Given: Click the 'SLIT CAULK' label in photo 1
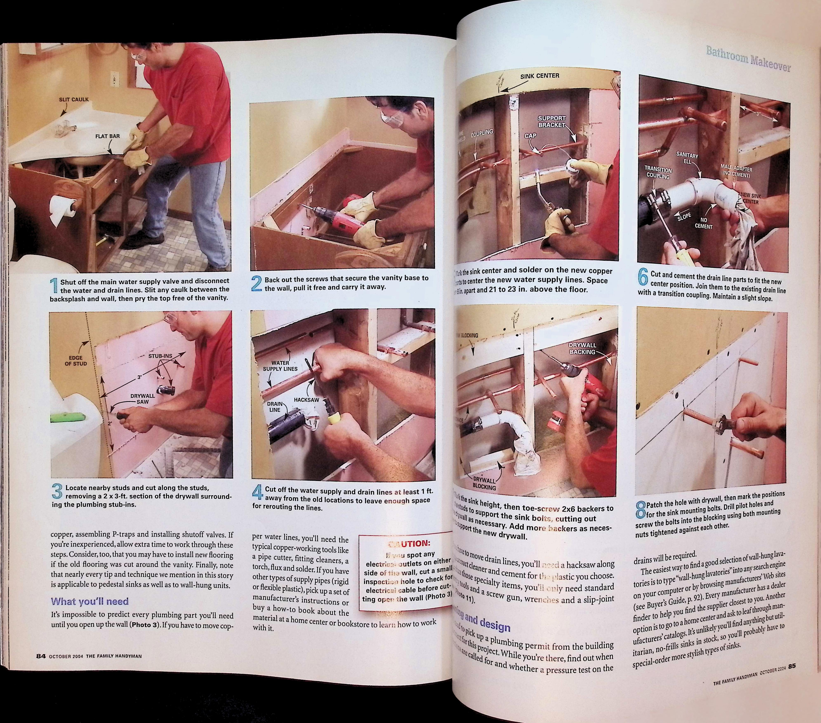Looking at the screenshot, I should (x=74, y=99).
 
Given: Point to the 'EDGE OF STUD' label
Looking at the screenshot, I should (x=75, y=361).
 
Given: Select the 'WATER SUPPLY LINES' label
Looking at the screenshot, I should (x=280, y=366).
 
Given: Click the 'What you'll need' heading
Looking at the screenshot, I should (x=90, y=601).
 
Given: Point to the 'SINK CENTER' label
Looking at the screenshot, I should (x=539, y=76).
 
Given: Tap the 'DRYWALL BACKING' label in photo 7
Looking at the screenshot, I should (x=582, y=348).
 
